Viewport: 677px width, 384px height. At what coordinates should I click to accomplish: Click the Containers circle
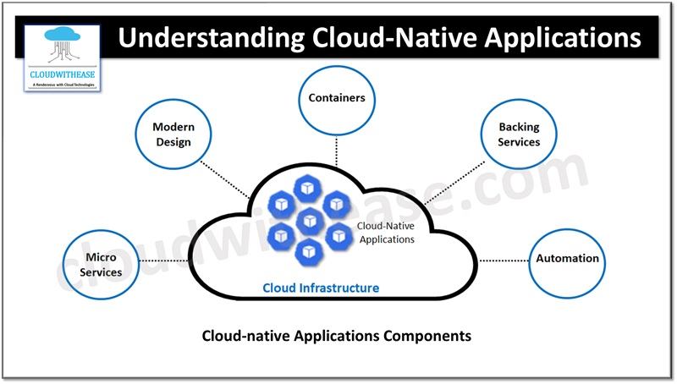336,99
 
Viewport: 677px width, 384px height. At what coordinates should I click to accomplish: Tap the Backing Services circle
518,134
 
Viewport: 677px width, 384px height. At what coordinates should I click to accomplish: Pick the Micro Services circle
101,264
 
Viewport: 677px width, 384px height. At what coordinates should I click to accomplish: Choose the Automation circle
566,259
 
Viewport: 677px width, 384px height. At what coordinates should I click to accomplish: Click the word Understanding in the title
212,38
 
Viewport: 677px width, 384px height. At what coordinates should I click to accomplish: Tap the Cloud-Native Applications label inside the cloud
385,233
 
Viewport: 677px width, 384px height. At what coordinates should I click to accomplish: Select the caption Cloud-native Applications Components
336,336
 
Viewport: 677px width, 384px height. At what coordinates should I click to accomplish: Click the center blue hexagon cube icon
309,219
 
